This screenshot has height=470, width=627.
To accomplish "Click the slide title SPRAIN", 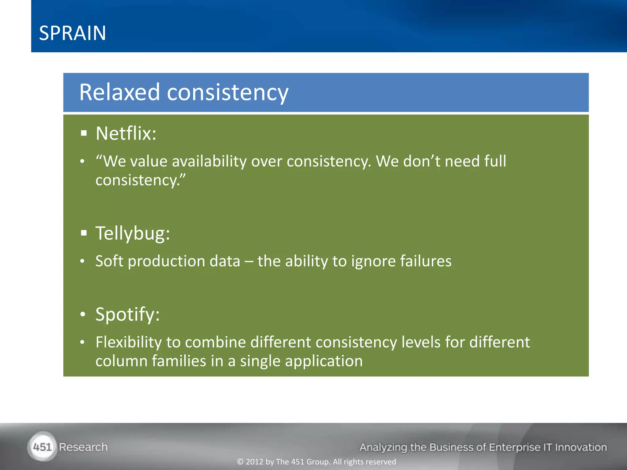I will click(x=73, y=33).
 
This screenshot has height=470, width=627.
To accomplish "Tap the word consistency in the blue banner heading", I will click(x=227, y=92).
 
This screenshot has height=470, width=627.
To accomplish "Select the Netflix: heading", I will click(x=126, y=133).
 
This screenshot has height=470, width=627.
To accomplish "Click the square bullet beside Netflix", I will click(x=84, y=133).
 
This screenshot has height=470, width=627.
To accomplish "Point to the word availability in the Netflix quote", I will click(x=209, y=161).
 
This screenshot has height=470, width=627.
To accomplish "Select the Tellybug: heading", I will click(x=133, y=233).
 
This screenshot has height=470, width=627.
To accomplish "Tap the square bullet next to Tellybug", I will click(x=84, y=233).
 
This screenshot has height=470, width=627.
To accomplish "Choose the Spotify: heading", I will click(x=127, y=314).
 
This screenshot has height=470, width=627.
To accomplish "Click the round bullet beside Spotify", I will click(x=82, y=315).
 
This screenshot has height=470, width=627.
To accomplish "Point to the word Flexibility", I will click(x=129, y=342).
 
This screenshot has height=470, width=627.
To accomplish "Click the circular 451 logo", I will click(x=42, y=447).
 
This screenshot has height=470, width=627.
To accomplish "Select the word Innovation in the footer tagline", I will click(x=581, y=447).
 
